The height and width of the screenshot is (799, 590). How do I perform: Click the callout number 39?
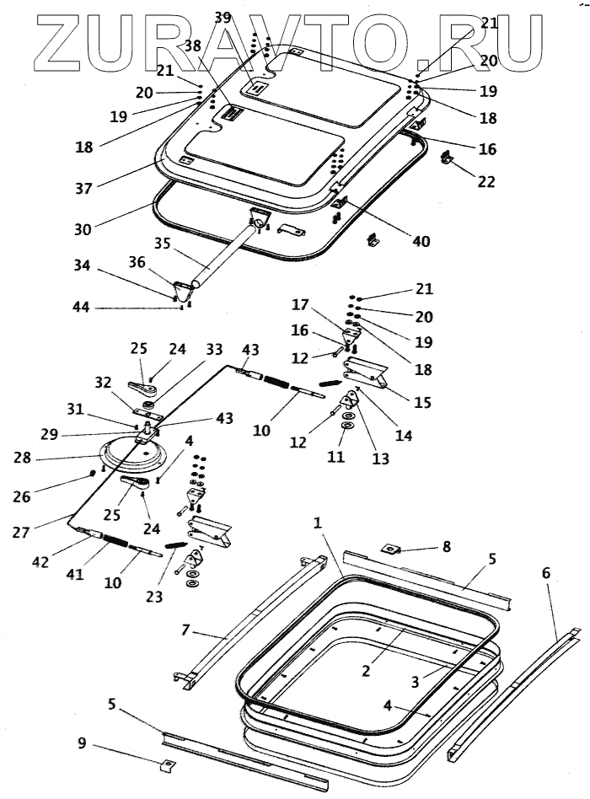(x=223, y=18)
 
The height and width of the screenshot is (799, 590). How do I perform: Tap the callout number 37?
(x=83, y=189)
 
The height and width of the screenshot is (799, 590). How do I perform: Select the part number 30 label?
(x=83, y=229)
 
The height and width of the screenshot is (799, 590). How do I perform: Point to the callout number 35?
(x=162, y=243)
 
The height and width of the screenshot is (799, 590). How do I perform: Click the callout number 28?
(x=23, y=458)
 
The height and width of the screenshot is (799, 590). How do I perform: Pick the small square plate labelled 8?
(x=389, y=549)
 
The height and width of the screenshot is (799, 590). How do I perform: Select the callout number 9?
(x=82, y=743)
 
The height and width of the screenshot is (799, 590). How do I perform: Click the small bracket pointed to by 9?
(x=168, y=765)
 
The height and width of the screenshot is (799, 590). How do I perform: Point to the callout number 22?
(x=486, y=181)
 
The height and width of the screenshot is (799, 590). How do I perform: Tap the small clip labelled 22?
(x=447, y=158)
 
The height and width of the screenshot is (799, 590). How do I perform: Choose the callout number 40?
(x=421, y=240)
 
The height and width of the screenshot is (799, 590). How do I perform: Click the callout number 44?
(x=82, y=307)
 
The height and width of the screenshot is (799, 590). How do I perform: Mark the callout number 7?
(x=185, y=630)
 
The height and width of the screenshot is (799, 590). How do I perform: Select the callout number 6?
(x=545, y=573)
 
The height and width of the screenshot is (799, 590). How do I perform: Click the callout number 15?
(x=422, y=402)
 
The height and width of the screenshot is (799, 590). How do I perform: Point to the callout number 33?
(x=214, y=349)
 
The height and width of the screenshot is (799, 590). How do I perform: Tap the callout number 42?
(x=40, y=561)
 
